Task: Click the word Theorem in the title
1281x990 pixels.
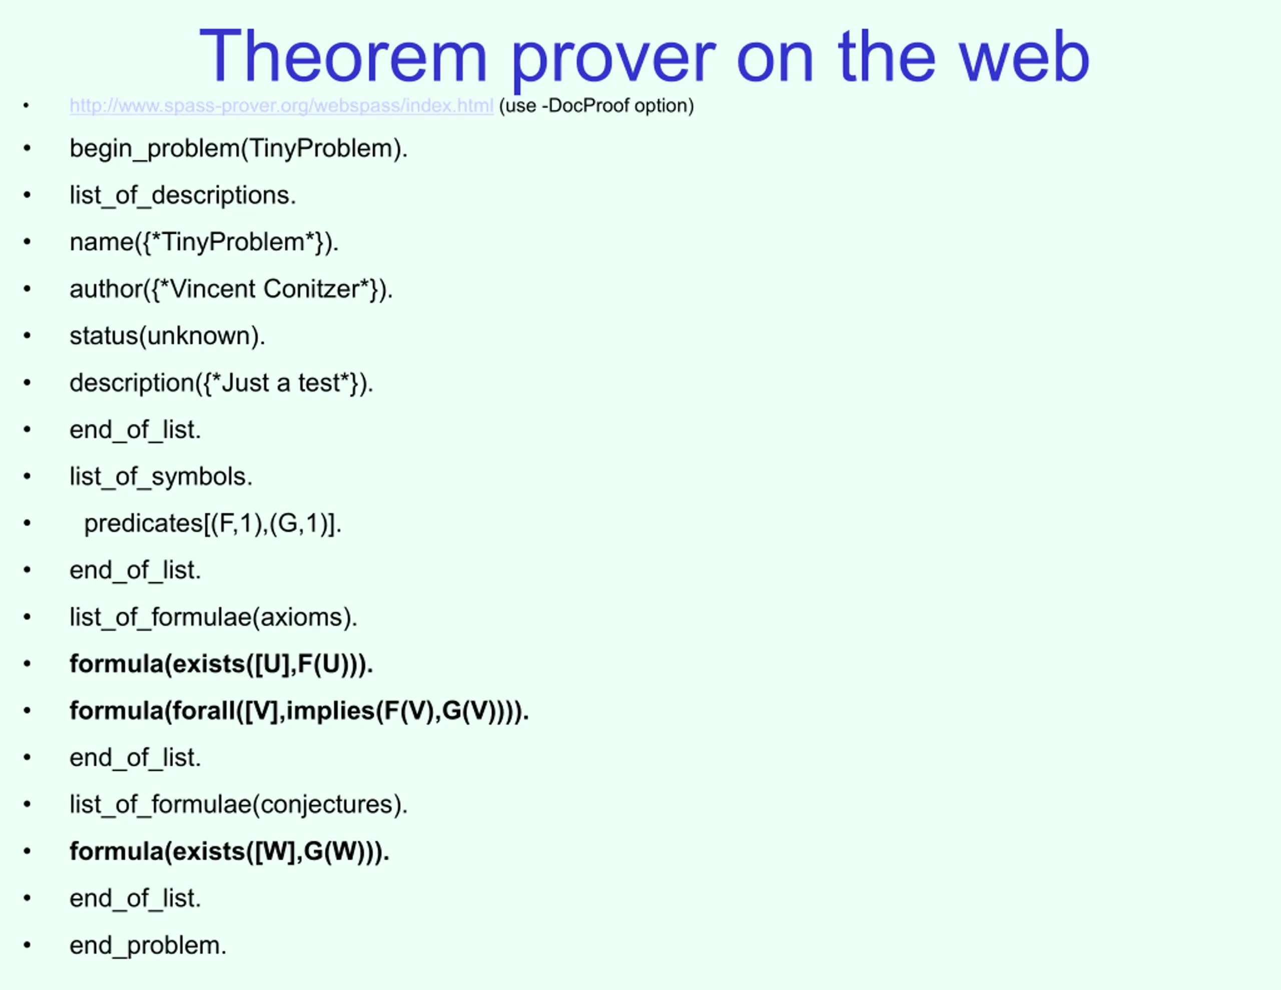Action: pos(344,57)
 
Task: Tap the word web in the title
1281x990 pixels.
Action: pos(1024,57)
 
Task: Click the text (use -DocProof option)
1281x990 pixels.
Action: pos(596,106)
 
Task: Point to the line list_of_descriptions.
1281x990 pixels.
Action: pos(183,195)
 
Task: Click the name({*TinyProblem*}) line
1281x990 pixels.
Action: pos(204,242)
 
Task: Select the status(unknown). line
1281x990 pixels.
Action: pos(168,336)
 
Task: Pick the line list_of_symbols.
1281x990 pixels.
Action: pos(161,476)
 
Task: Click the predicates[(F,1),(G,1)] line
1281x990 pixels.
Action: pos(213,524)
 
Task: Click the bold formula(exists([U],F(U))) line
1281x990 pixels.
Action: pos(222,664)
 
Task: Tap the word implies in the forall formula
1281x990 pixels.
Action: pos(330,711)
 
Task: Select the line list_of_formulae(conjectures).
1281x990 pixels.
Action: pos(239,804)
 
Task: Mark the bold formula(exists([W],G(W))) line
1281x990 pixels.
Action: pos(230,851)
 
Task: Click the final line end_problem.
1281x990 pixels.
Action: pos(148,945)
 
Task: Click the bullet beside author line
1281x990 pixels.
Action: pos(27,289)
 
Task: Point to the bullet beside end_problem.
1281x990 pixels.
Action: pos(27,945)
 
